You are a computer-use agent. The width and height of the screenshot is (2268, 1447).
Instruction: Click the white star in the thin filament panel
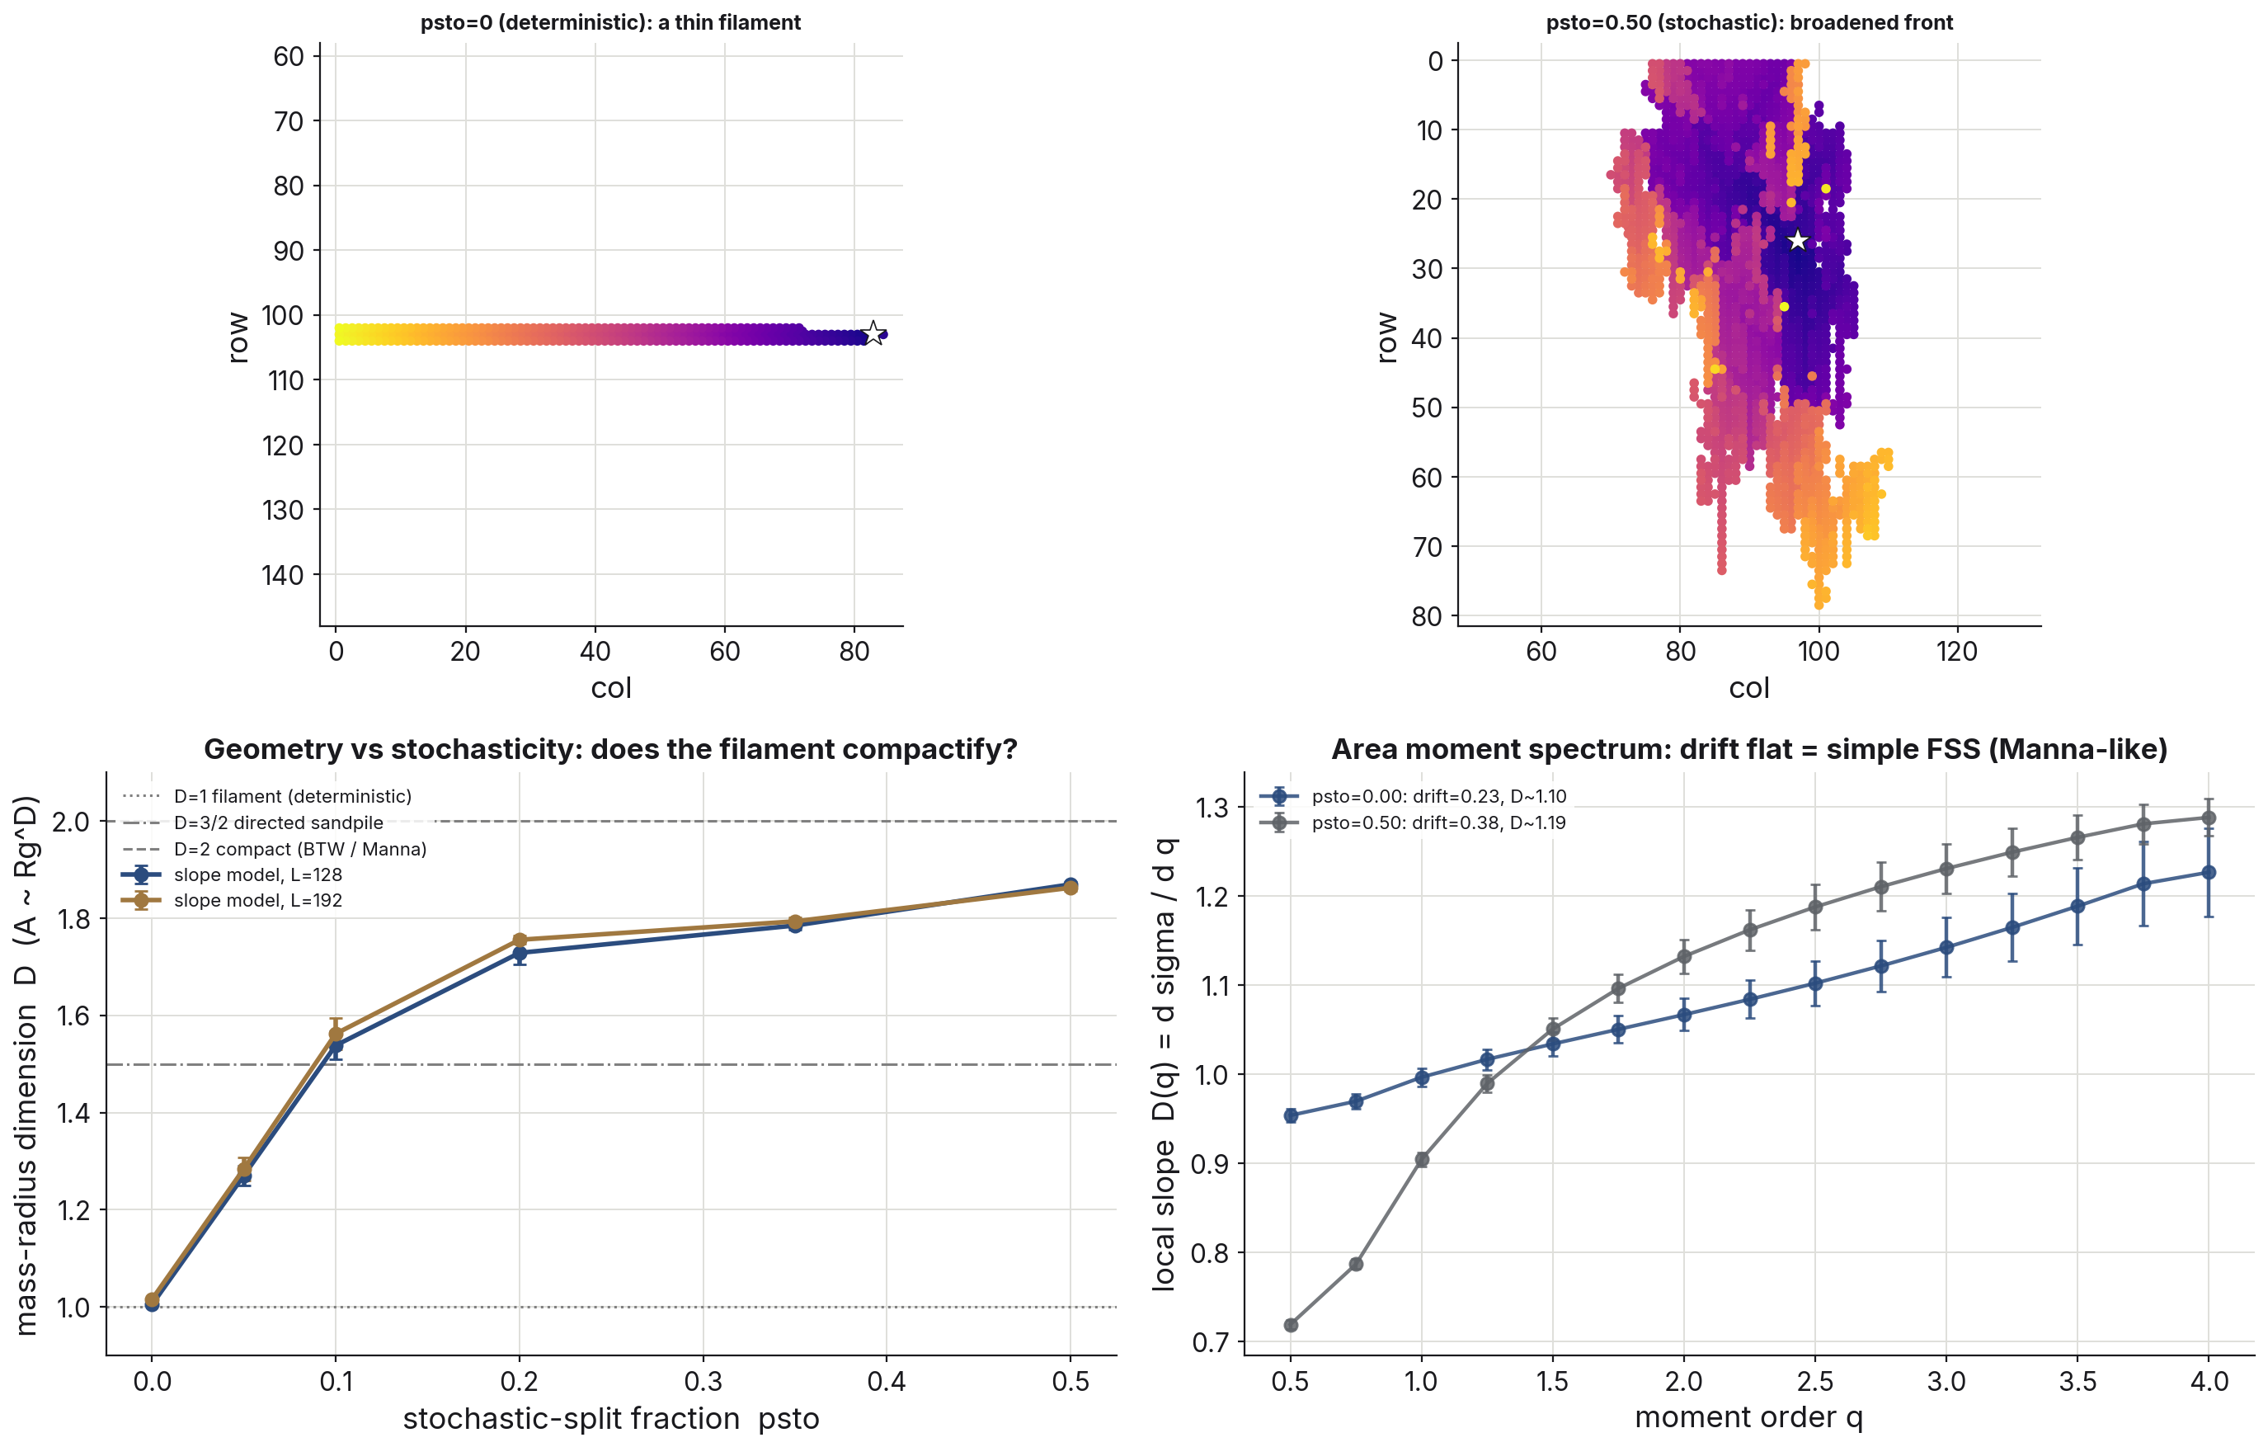(x=873, y=332)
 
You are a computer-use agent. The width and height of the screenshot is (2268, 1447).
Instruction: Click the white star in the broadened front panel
(x=1798, y=240)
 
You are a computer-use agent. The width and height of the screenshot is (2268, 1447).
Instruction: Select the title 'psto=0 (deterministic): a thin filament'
(x=610, y=22)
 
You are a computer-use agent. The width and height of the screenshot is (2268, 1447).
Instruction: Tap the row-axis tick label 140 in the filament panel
(x=283, y=575)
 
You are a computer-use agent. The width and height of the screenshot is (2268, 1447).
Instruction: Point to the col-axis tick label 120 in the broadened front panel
(x=1956, y=651)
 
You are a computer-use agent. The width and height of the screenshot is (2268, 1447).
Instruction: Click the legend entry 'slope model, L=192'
(x=258, y=901)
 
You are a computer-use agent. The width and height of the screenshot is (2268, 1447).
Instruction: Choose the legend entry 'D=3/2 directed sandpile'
(x=279, y=822)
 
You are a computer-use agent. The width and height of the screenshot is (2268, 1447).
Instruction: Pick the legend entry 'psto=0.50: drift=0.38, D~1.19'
(x=1438, y=822)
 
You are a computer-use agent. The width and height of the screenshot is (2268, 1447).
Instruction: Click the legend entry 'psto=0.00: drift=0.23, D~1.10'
(x=1438, y=796)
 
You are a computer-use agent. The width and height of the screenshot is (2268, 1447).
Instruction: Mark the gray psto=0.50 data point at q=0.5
(x=1291, y=1325)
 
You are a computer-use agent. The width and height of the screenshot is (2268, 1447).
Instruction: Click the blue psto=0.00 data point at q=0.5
(x=1291, y=1115)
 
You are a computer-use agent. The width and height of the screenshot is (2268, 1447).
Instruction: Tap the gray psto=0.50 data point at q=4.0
(x=2208, y=818)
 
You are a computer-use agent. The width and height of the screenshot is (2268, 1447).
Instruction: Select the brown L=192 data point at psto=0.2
(x=519, y=940)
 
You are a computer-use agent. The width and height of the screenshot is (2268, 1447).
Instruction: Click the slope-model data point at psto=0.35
(x=795, y=922)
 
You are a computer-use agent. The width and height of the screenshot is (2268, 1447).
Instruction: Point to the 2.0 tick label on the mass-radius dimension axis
(x=71, y=822)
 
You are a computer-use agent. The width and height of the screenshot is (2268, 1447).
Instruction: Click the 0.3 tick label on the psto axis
(x=703, y=1382)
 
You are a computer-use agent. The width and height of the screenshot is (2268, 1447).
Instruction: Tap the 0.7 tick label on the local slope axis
(x=1211, y=1341)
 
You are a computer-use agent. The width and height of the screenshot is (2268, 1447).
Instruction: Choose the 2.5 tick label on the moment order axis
(x=1815, y=1382)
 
